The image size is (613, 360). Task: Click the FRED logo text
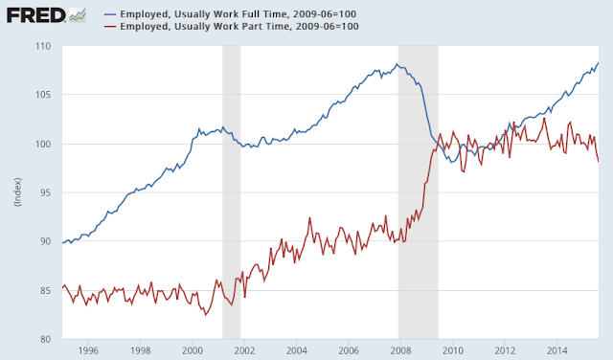click(35, 15)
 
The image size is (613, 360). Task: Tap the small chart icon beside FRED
click(77, 15)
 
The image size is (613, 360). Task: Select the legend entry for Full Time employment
click(230, 14)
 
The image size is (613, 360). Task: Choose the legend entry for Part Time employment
click(232, 26)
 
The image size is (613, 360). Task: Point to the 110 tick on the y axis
click(43, 46)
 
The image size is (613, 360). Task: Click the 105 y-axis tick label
click(43, 95)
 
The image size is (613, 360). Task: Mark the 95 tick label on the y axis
click(45, 192)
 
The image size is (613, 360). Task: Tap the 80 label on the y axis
click(45, 339)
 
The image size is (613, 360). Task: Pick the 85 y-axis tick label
click(45, 290)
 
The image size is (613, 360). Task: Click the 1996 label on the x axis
click(88, 350)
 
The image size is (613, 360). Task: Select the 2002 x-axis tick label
click(244, 350)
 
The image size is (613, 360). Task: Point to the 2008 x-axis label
click(400, 350)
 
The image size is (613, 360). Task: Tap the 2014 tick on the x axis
click(557, 350)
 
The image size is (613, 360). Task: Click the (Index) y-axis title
click(18, 191)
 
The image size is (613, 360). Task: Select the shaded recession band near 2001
click(232, 192)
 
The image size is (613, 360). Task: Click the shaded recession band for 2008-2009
click(418, 192)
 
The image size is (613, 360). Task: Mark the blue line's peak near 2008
click(397, 64)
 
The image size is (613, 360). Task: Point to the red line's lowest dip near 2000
click(206, 315)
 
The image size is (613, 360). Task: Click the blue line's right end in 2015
click(598, 62)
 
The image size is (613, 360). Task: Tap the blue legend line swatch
click(110, 14)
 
